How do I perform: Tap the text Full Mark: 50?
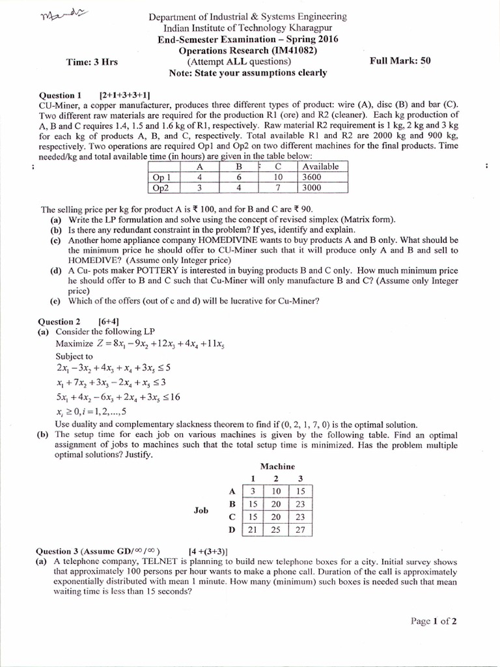[400, 61]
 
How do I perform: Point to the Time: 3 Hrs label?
[92, 62]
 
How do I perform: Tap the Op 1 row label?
[161, 177]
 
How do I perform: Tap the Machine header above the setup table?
[277, 466]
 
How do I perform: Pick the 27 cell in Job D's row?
[301, 530]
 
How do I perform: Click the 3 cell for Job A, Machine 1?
[251, 490]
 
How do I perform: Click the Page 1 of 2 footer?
[434, 621]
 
